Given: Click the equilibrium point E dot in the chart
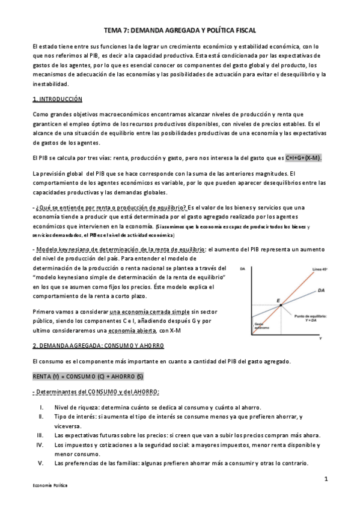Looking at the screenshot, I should point(278,305).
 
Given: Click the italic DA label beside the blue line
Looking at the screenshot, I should point(322,290).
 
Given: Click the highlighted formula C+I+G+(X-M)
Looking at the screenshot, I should point(304,158).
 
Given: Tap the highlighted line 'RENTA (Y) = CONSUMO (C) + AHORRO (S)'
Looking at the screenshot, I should point(88,375).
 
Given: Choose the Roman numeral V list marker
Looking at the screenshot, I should point(41,463).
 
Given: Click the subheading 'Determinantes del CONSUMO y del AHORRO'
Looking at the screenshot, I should point(97,391).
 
